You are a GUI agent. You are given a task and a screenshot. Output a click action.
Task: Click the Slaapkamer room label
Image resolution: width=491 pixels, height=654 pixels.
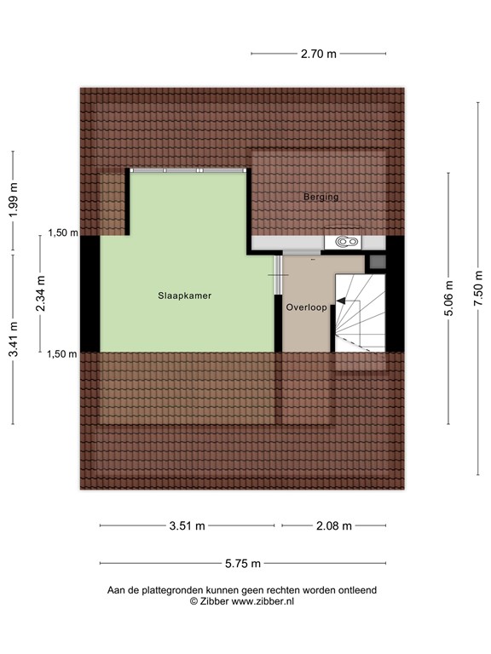[x=184, y=296]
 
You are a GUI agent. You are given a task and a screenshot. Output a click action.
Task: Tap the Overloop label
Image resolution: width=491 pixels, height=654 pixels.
[x=305, y=307]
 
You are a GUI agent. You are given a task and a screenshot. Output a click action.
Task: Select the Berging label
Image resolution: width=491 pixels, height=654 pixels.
[x=321, y=197]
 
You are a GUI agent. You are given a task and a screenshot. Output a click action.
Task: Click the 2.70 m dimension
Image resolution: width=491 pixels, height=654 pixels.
[x=319, y=54]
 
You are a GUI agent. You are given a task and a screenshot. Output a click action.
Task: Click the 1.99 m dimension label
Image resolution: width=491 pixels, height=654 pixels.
[x=13, y=201]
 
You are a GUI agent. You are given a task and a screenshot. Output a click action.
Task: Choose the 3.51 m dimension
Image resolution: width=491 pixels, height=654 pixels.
[x=187, y=525]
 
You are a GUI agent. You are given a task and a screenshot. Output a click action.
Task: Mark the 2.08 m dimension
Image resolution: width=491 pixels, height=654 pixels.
[x=333, y=525]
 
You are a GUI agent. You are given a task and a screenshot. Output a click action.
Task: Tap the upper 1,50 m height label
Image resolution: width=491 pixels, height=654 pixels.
[x=62, y=232]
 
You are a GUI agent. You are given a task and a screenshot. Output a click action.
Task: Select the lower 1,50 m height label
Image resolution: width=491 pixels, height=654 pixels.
[x=62, y=353]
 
